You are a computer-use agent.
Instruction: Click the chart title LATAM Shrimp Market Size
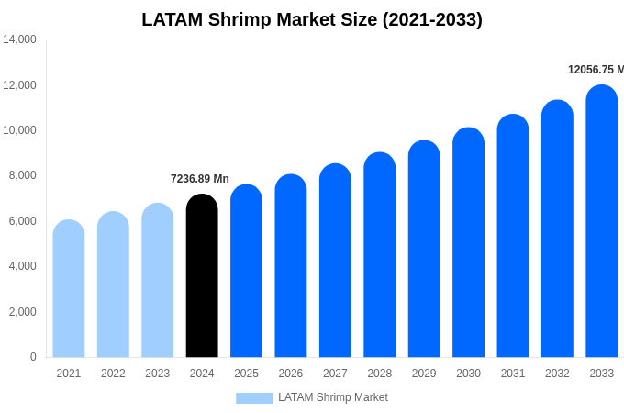point(312,19)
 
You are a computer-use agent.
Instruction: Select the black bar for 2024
point(202,275)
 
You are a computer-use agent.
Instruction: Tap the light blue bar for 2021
point(69,288)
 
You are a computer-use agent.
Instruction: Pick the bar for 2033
point(602,221)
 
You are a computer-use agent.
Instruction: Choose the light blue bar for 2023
point(158,280)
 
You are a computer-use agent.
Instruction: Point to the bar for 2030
point(468,242)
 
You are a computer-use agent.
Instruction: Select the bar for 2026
point(291,265)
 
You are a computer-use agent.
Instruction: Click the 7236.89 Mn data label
point(200,179)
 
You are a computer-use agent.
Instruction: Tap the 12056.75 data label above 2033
point(596,70)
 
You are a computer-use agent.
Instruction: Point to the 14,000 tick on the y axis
point(19,39)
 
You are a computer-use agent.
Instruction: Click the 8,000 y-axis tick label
point(19,175)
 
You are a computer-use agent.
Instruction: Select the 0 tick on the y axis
point(33,357)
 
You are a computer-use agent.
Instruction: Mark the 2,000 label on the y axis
point(19,312)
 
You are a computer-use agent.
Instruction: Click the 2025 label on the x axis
point(246,374)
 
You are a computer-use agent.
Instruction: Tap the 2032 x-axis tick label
point(557,374)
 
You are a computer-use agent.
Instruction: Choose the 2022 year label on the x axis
point(113,374)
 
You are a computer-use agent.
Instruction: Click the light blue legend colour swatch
point(254,398)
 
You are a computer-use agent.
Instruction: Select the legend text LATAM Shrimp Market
point(333,397)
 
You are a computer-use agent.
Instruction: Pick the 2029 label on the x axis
point(424,374)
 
